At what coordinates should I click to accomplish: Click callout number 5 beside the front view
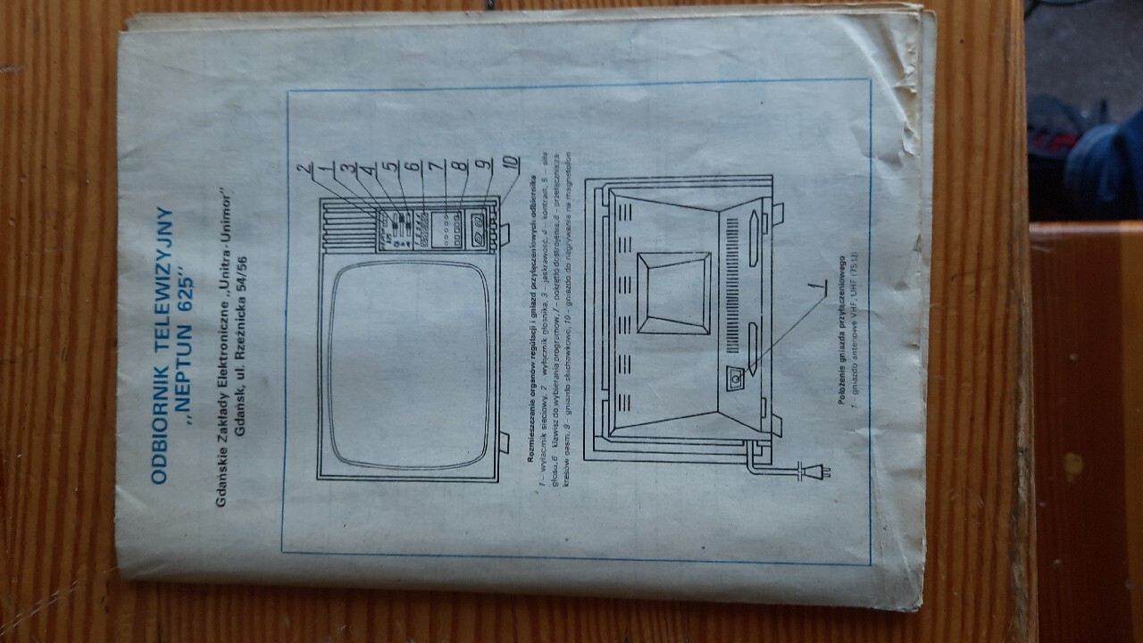coord(388,167)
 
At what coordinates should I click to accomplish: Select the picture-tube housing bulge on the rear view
coord(674,293)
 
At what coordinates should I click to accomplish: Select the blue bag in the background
coord(1103,170)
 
